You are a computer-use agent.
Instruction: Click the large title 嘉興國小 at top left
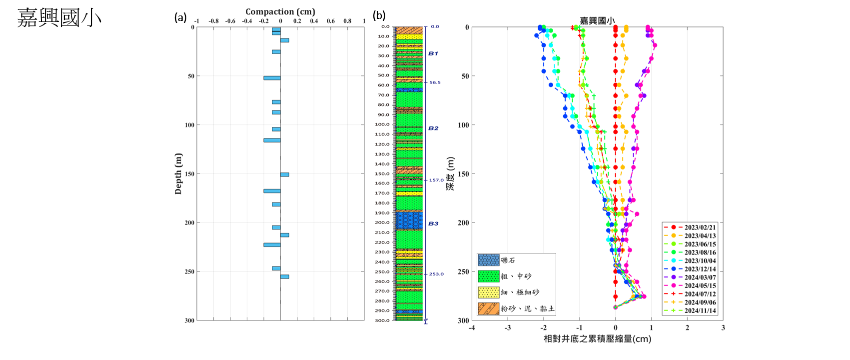[x=59, y=17]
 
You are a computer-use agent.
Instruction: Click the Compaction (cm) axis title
[x=280, y=11]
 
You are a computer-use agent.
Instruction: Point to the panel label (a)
[x=180, y=17]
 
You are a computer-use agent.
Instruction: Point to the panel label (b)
[x=379, y=15]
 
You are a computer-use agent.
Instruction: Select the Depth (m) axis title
[x=178, y=173]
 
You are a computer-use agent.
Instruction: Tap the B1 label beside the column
[x=433, y=53]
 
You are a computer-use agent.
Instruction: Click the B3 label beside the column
[x=433, y=223]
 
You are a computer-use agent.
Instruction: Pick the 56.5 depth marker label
[x=435, y=82]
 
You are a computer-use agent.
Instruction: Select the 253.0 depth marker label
[x=436, y=274]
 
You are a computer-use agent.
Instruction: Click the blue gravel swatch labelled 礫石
[x=488, y=260]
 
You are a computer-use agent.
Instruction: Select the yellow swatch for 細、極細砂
[x=488, y=292]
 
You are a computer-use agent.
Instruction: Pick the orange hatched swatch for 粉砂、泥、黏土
[x=488, y=308]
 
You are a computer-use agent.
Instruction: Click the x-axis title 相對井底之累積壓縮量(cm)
[x=597, y=339]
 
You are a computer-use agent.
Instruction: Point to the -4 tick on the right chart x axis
[x=472, y=328]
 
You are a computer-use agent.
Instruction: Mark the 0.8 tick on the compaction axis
[x=347, y=21]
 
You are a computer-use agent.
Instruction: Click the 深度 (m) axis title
[x=451, y=173]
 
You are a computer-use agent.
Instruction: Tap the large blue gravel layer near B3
[x=409, y=220]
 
